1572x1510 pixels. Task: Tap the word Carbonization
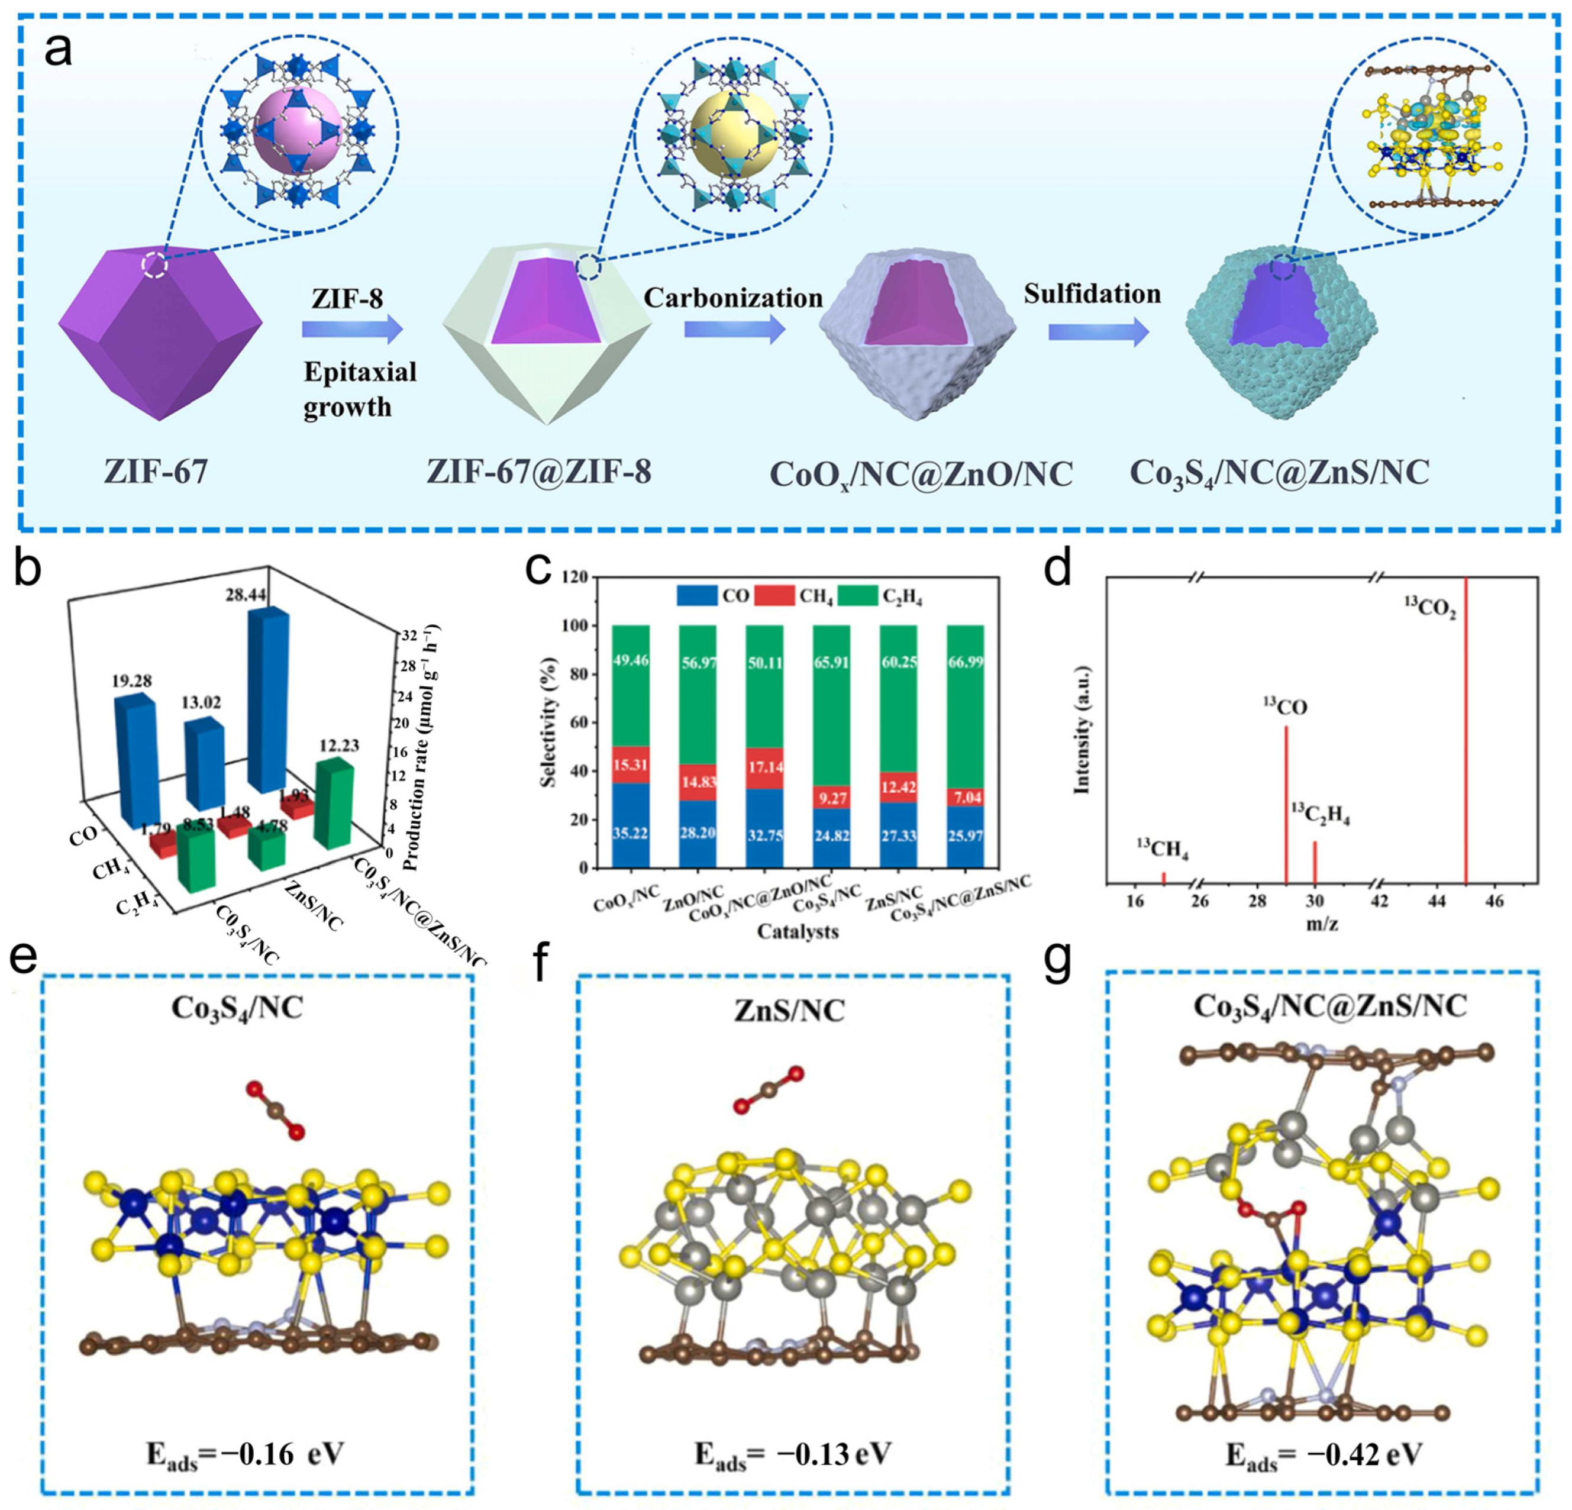click(x=733, y=298)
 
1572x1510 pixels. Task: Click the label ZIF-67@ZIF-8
click(x=538, y=472)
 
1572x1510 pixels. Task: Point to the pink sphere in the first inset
click(x=298, y=128)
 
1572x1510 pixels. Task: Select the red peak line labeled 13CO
click(x=1286, y=802)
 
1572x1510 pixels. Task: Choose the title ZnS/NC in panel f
click(x=789, y=1011)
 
